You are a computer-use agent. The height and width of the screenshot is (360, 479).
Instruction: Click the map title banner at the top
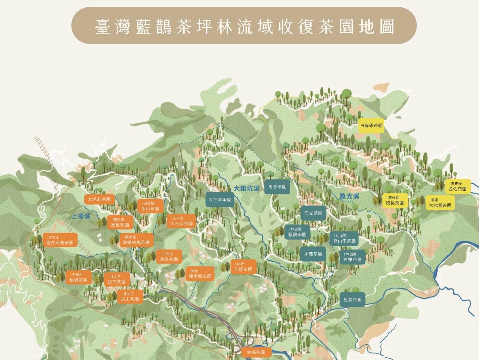click(244, 26)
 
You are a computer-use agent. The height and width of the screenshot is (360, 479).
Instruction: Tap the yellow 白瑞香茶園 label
click(371, 125)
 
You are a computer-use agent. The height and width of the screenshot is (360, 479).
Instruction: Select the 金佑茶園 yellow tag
click(457, 187)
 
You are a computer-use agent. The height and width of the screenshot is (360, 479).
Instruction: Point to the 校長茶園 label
click(395, 201)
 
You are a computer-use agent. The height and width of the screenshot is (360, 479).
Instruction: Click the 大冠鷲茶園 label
click(440, 203)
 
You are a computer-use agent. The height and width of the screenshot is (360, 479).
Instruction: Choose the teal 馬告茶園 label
click(277, 187)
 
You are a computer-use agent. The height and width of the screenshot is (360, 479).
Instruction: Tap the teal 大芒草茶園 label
click(220, 200)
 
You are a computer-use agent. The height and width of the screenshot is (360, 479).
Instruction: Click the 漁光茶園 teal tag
click(313, 213)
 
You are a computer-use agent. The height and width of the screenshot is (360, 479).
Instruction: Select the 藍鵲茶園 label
click(297, 232)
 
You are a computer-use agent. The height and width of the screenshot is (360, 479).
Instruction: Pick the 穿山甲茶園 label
click(344, 239)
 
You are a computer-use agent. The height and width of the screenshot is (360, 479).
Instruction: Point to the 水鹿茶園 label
click(313, 254)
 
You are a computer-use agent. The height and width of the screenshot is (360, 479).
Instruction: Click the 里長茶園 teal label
click(352, 300)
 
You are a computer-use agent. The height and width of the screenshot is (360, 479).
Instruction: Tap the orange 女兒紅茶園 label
click(99, 199)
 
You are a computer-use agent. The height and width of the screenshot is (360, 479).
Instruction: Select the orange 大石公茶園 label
click(181, 221)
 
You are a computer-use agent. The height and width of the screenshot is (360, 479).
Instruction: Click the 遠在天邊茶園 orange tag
click(60, 240)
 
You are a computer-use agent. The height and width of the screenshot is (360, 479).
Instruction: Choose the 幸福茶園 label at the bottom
click(256, 352)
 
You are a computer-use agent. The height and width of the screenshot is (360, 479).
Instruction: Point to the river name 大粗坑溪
click(247, 188)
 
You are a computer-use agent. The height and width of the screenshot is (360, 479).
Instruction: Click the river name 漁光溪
click(349, 196)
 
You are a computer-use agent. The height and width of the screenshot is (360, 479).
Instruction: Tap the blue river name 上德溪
click(81, 216)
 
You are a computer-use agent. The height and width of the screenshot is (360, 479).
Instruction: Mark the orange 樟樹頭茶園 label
click(200, 274)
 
